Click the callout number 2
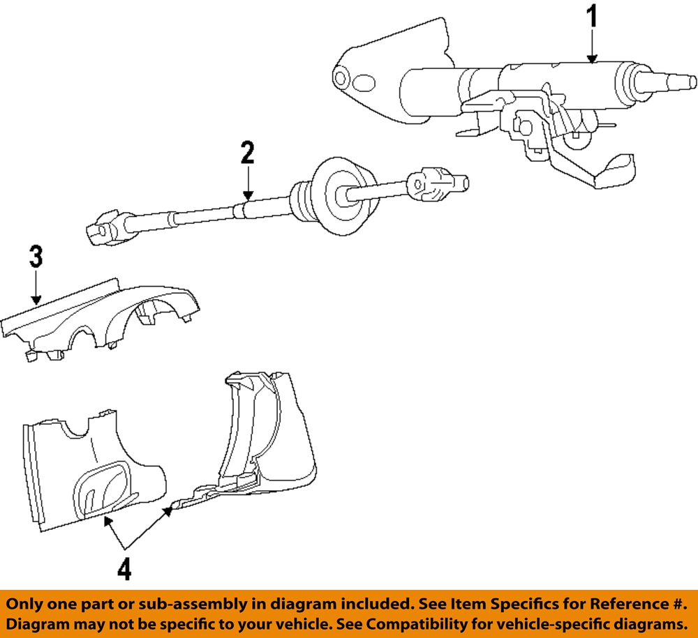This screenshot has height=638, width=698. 248,153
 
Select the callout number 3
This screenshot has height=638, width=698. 36,257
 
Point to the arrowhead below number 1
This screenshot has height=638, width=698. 592,59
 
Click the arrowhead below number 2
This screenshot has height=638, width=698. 248,197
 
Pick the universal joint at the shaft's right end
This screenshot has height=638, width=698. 438,185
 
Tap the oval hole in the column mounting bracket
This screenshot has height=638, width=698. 364,84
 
